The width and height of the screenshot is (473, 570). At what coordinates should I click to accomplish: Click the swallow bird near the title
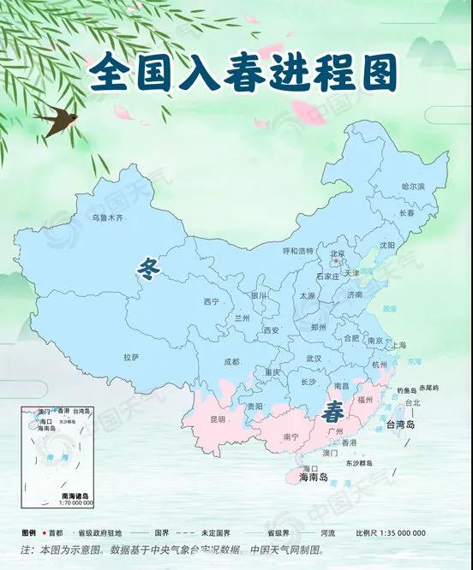[53, 121]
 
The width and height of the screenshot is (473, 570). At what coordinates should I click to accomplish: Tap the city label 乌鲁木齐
[108, 218]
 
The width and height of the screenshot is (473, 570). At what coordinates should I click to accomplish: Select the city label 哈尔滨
[412, 186]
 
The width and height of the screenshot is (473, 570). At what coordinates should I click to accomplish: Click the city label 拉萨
[131, 356]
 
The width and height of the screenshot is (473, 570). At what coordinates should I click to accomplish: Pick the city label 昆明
[218, 420]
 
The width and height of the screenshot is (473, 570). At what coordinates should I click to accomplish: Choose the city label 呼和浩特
[298, 251]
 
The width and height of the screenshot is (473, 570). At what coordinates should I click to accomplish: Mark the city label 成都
[231, 361]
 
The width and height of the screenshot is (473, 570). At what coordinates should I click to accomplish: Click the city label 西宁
[212, 301]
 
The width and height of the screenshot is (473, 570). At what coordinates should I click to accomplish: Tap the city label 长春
[405, 212]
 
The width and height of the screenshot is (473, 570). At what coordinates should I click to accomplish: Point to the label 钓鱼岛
[406, 390]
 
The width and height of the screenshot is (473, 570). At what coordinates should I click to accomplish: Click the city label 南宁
[290, 437]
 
